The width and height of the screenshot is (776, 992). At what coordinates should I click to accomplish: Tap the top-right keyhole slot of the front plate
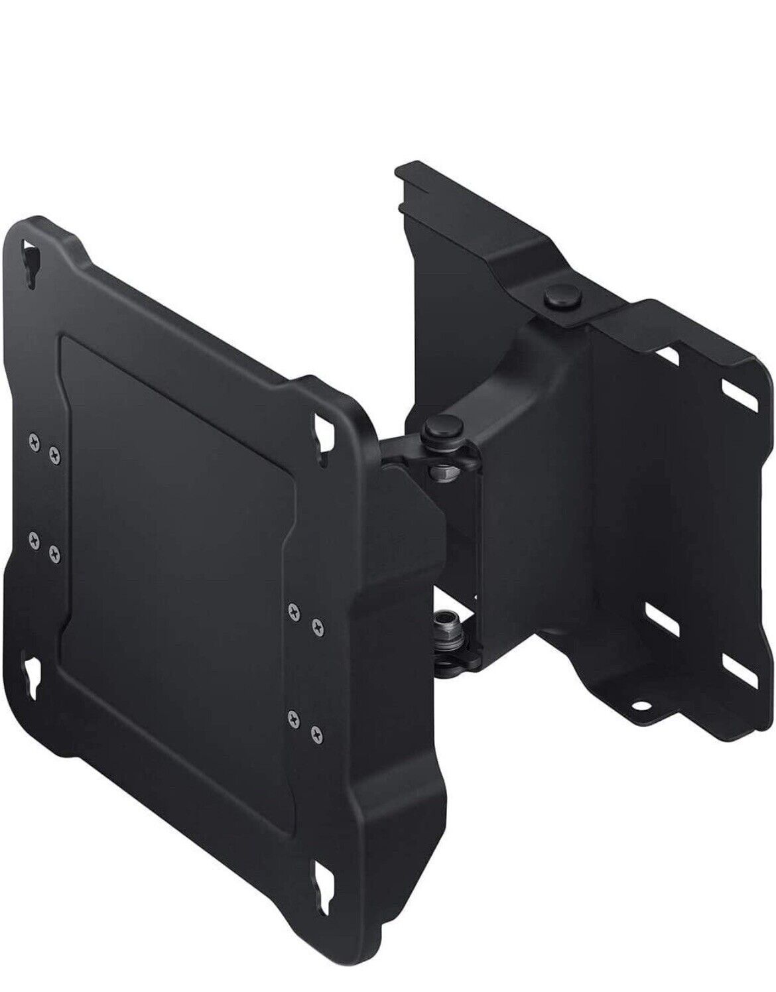pyautogui.click(x=323, y=432)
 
